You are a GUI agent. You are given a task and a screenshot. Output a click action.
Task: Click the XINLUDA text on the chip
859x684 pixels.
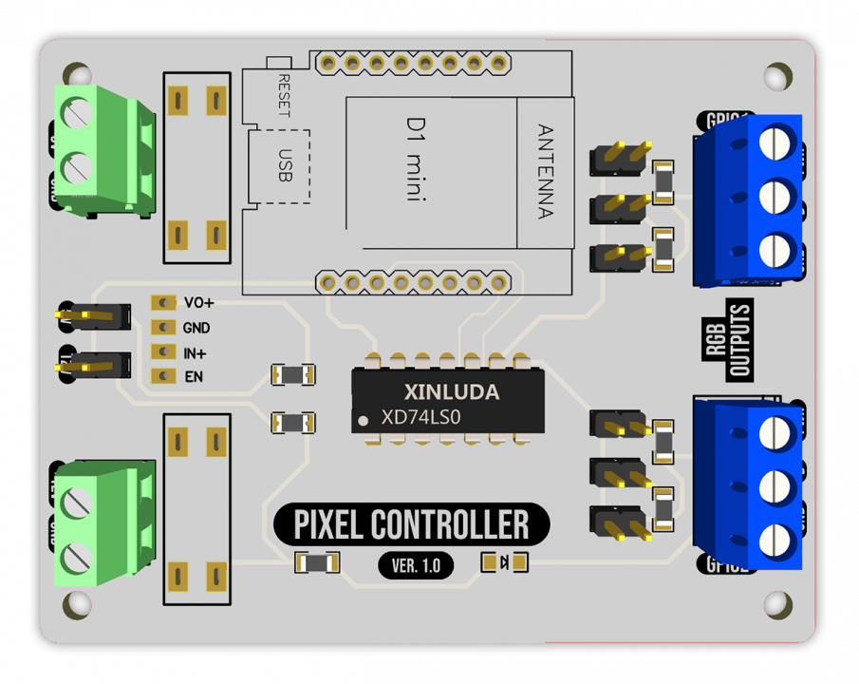pos(451,391)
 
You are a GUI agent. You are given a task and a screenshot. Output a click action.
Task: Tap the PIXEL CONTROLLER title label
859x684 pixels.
pos(412,524)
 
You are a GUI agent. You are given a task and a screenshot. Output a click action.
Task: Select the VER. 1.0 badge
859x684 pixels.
pos(416,566)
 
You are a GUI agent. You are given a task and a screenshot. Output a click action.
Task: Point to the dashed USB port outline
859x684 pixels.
pos(280,166)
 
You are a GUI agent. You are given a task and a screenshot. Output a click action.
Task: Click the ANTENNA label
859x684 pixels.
pos(545,171)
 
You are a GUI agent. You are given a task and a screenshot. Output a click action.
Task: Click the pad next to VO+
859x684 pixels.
pos(164,303)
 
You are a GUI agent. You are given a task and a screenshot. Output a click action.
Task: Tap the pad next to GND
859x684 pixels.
pos(164,328)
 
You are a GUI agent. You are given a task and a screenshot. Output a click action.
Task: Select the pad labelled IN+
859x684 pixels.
pos(164,352)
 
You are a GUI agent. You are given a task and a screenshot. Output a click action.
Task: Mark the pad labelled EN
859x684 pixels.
pos(164,377)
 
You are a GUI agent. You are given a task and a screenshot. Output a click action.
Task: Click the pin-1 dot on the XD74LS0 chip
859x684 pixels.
pos(363,419)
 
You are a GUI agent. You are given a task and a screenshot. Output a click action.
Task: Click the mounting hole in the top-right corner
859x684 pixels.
pos(778,76)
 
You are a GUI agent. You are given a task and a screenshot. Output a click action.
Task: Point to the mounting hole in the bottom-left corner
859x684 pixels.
pos(77,604)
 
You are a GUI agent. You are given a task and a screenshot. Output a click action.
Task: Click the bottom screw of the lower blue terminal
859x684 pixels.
pos(776,541)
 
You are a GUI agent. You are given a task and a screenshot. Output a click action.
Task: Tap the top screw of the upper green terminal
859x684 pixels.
pos(76,112)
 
